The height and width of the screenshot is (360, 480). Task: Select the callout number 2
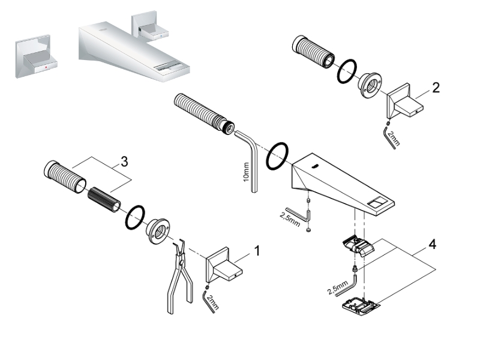tap(436, 88)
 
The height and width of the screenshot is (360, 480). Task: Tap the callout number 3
tap(124, 161)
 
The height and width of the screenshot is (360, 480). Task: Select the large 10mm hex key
tap(252, 156)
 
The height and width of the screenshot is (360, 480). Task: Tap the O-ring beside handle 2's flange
tap(346, 71)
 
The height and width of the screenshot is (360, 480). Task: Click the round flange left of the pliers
tap(158, 230)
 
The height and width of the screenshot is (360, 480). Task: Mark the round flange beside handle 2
tap(370, 86)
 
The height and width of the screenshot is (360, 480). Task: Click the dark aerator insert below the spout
tap(358, 244)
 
